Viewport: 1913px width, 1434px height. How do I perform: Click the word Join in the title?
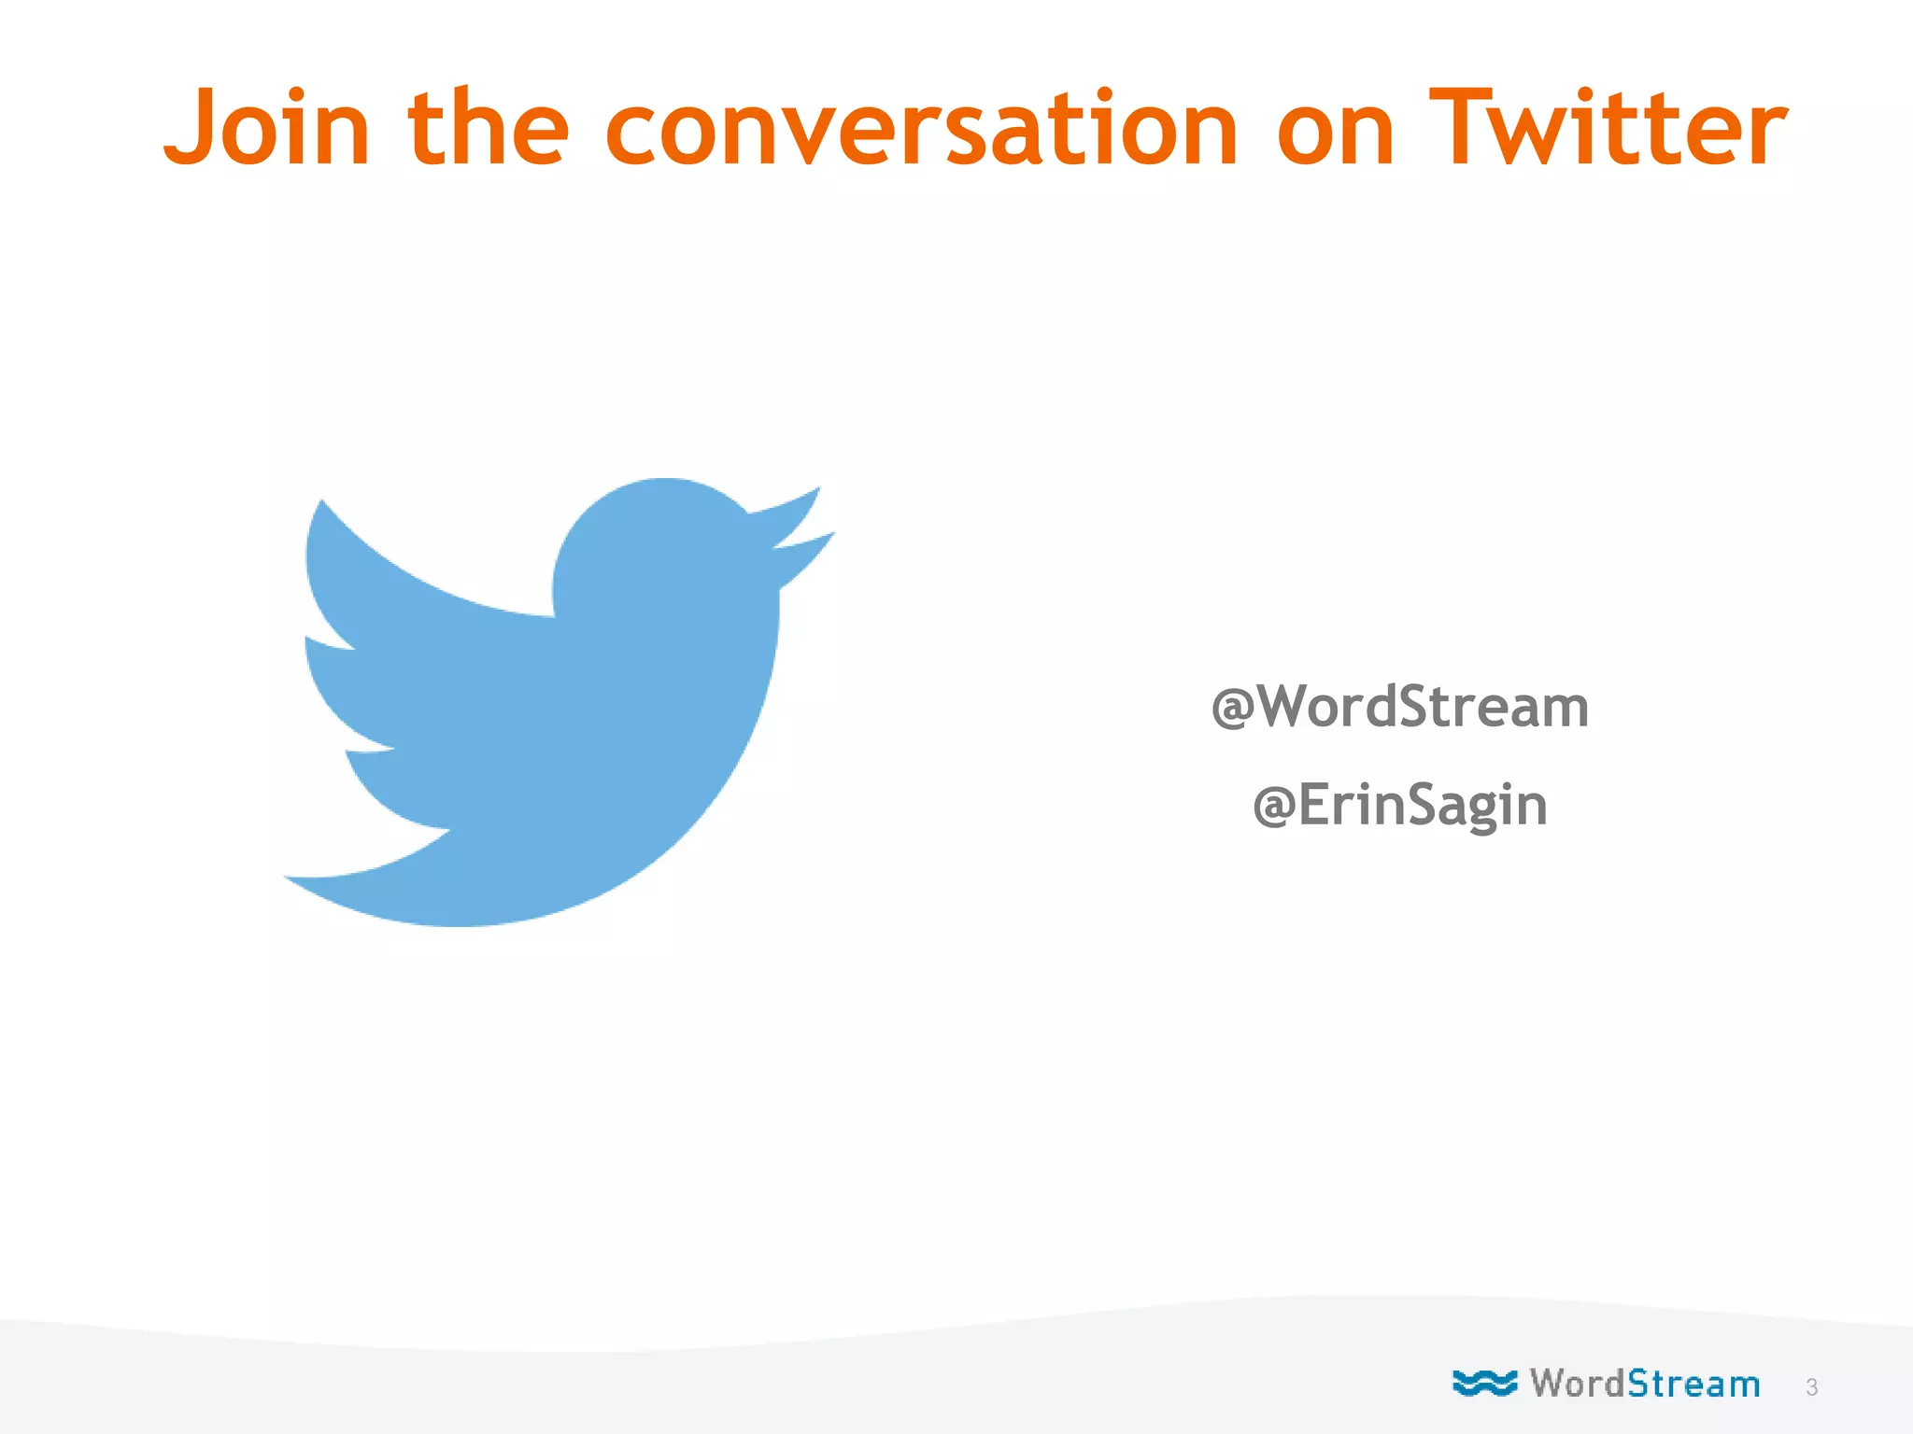[267, 128]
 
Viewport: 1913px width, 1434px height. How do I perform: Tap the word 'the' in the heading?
[488, 128]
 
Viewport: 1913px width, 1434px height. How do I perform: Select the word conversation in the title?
[922, 128]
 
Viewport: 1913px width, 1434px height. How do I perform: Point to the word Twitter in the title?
[1608, 128]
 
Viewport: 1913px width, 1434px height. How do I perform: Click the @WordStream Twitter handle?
[1399, 707]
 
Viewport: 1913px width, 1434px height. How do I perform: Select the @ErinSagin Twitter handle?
[1399, 805]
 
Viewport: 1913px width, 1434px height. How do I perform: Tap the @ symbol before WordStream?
[1233, 709]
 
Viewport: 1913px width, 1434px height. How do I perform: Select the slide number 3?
[1811, 1387]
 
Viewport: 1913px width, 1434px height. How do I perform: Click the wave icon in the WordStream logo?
[1484, 1383]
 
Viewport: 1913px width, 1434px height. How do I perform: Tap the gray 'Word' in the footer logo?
[1577, 1383]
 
